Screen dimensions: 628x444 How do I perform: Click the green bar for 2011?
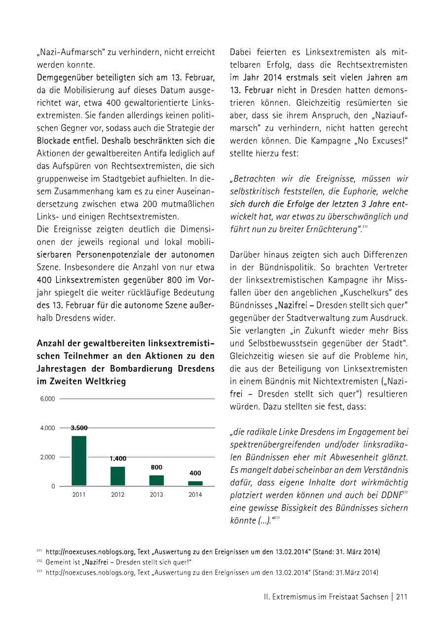click(79, 461)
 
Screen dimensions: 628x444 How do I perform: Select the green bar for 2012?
click(118, 476)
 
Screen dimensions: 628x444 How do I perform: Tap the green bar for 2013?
click(156, 480)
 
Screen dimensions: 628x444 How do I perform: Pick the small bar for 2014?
click(195, 483)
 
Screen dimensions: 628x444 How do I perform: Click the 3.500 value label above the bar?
click(79, 428)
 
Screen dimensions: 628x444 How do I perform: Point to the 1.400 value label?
click(118, 459)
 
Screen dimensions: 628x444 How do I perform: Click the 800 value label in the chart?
click(156, 467)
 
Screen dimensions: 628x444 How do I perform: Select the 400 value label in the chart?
click(195, 473)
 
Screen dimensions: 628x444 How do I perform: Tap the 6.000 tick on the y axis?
click(47, 399)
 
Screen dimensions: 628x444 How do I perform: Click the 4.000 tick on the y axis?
click(47, 428)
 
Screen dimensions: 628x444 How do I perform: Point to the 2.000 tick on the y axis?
click(47, 457)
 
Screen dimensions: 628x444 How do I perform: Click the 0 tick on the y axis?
click(53, 486)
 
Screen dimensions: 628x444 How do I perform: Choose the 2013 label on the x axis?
click(156, 495)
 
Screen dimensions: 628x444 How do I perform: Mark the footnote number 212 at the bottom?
click(39, 562)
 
